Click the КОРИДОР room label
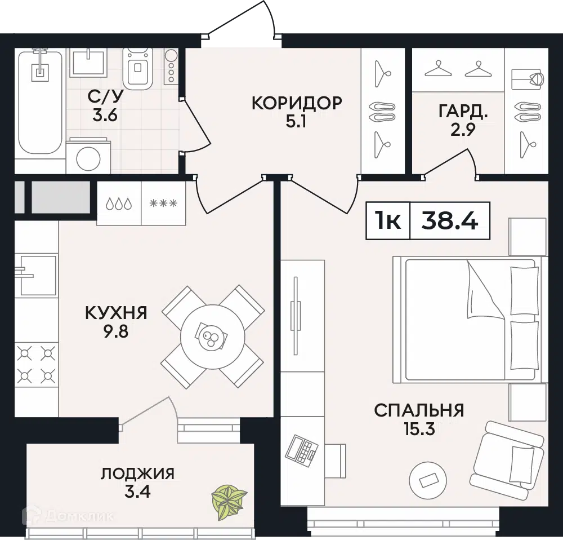pos(296,103)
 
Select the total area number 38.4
pos(450,220)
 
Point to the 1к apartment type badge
pos(388,220)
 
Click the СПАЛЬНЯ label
pos(419,410)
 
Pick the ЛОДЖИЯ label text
pos(137,473)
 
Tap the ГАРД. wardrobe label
pos(463,110)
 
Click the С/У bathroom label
pos(105,97)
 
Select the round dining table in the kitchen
pos(212,337)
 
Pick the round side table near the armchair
pos(427,480)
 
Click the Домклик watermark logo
pos(68,515)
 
